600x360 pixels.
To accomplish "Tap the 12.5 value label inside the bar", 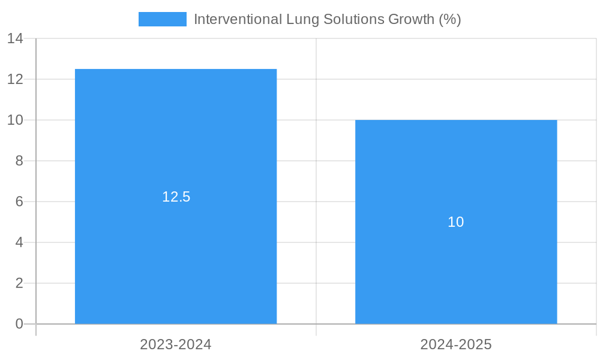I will [176, 197].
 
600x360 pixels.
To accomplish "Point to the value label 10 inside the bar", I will [456, 222].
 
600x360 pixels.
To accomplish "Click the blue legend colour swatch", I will [162, 19].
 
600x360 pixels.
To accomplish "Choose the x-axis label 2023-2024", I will [176, 344].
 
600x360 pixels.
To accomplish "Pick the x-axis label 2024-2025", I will [456, 344].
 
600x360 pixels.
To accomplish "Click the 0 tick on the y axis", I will [19, 324].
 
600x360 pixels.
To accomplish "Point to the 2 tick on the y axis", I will [19, 283].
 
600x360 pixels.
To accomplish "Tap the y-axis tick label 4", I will [19, 242].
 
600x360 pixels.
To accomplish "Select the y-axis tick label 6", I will [19, 202].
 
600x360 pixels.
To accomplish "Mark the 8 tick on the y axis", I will [19, 161].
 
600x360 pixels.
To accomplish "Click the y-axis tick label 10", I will [15, 120].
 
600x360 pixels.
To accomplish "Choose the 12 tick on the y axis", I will [15, 79].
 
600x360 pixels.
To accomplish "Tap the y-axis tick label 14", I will [15, 38].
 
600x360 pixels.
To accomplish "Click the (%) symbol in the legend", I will [450, 19].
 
